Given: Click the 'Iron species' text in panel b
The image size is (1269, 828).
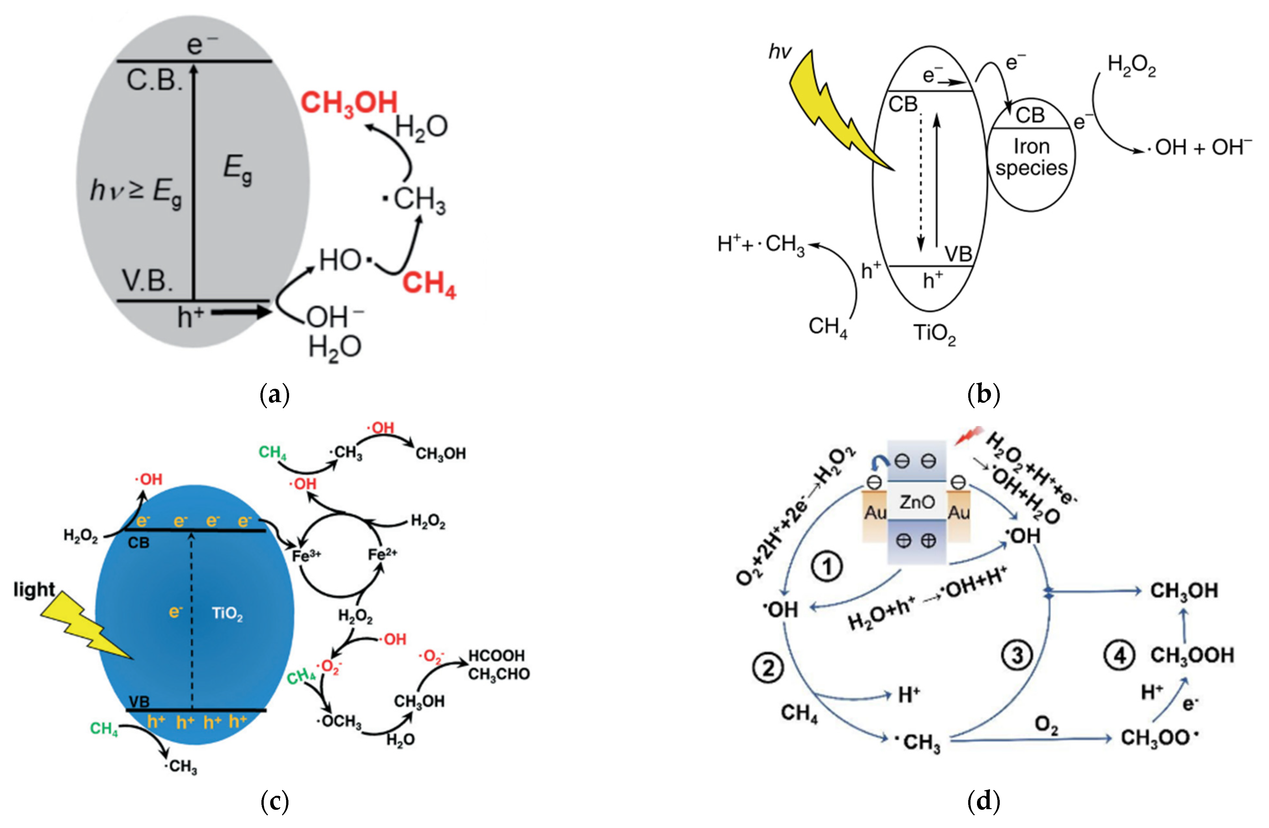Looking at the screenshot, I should (x=1031, y=157).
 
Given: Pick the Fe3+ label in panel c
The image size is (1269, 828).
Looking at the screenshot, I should (x=307, y=556).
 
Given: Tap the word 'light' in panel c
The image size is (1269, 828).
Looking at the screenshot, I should (x=34, y=589).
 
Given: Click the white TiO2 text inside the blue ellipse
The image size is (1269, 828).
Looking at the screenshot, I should (x=227, y=614).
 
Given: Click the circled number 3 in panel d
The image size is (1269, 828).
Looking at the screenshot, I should (x=1017, y=655).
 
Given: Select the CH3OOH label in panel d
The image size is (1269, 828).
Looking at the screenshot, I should (x=1192, y=655).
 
